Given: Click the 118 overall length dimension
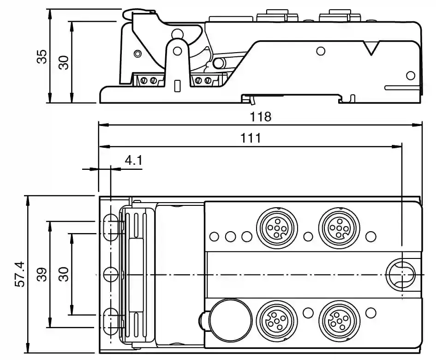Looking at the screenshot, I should (261, 117).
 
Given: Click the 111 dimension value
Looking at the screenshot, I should (251, 138).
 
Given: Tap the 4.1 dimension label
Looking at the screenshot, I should (133, 161).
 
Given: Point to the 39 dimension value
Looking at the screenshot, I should (42, 274).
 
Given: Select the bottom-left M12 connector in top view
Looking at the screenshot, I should (273, 321).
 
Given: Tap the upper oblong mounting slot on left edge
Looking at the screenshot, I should (111, 227).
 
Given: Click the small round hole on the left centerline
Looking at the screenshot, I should (111, 274).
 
